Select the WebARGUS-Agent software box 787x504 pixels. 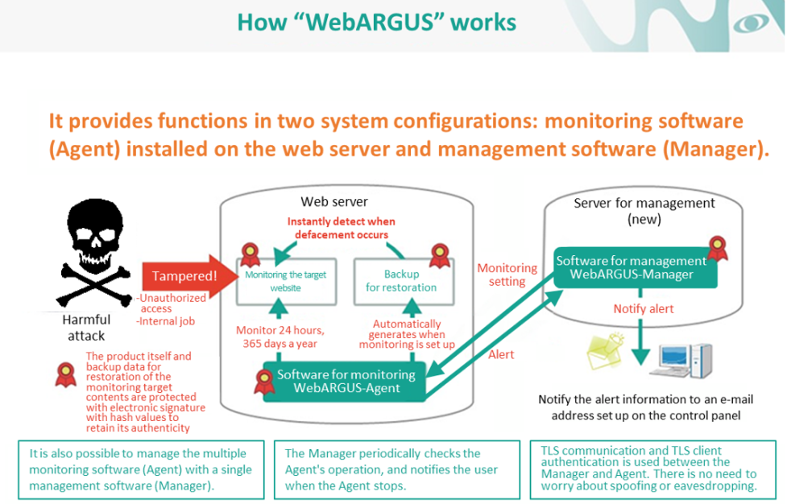(346, 381)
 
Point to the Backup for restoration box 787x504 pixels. (401, 280)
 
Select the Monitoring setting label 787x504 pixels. (507, 275)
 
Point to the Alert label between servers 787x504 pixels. (500, 353)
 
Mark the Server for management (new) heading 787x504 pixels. (644, 210)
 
